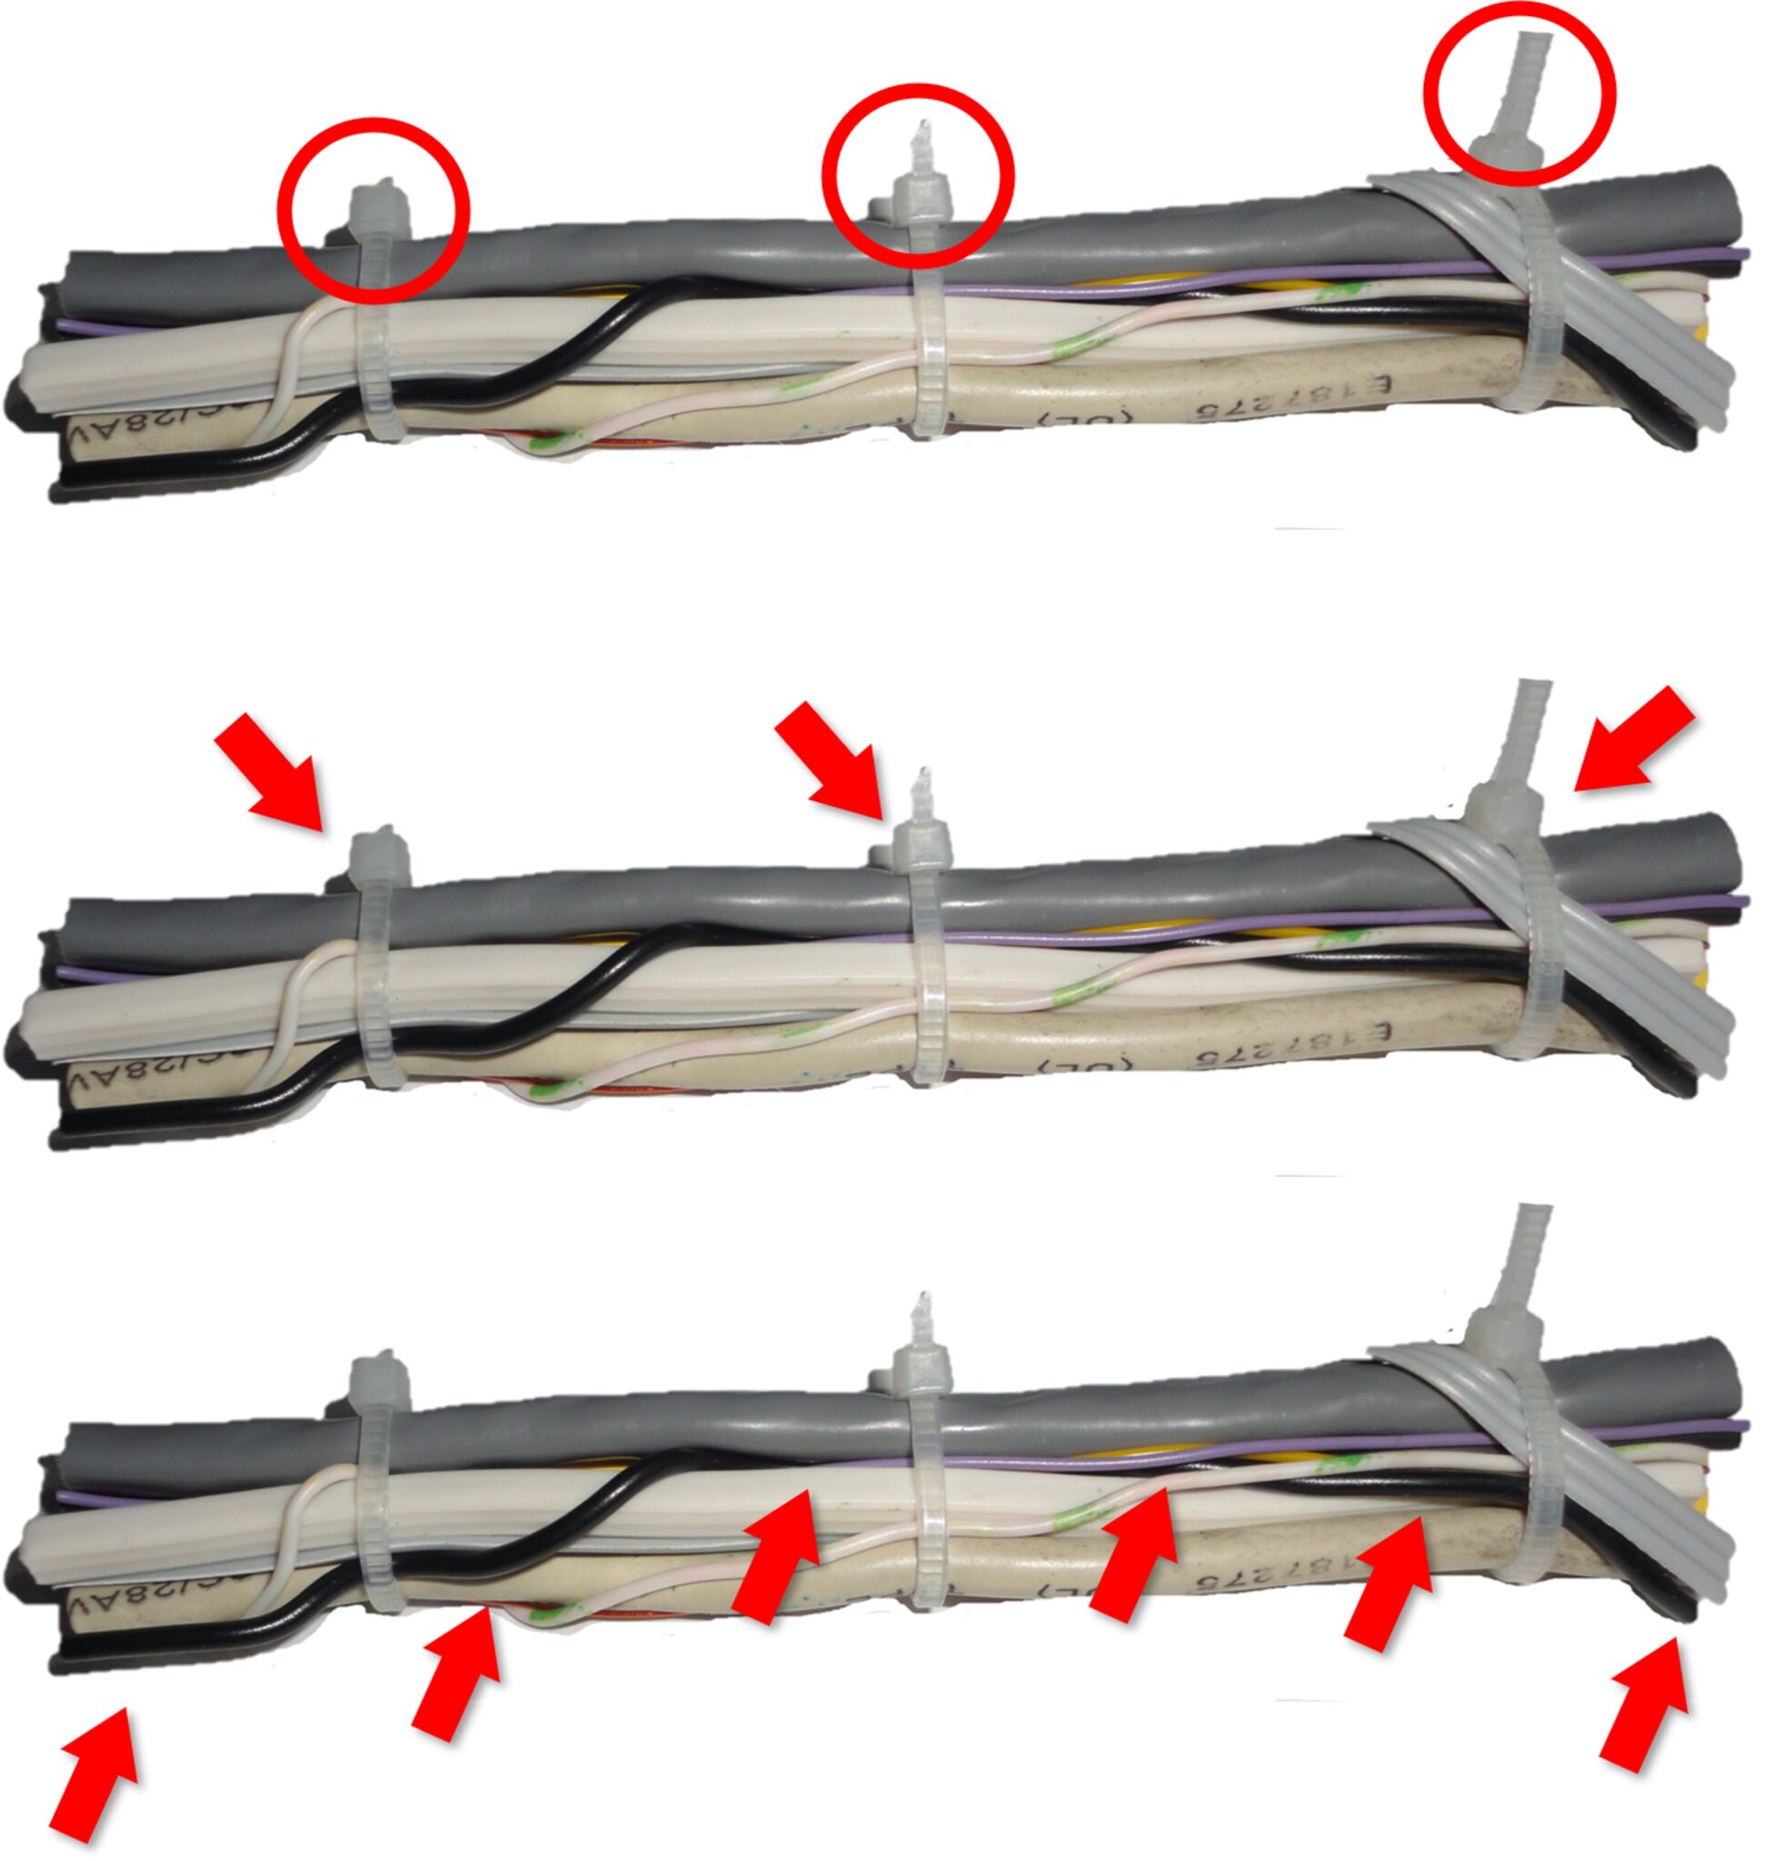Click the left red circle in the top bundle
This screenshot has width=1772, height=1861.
(374, 210)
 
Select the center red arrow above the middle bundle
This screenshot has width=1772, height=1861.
(827, 752)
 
